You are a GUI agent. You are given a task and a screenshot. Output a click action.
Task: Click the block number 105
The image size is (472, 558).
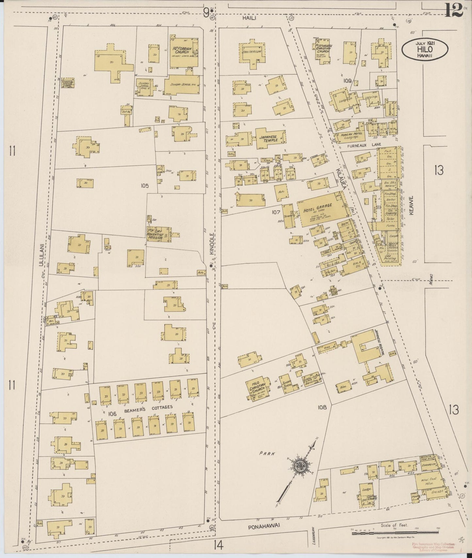pyautogui.click(x=145, y=186)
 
